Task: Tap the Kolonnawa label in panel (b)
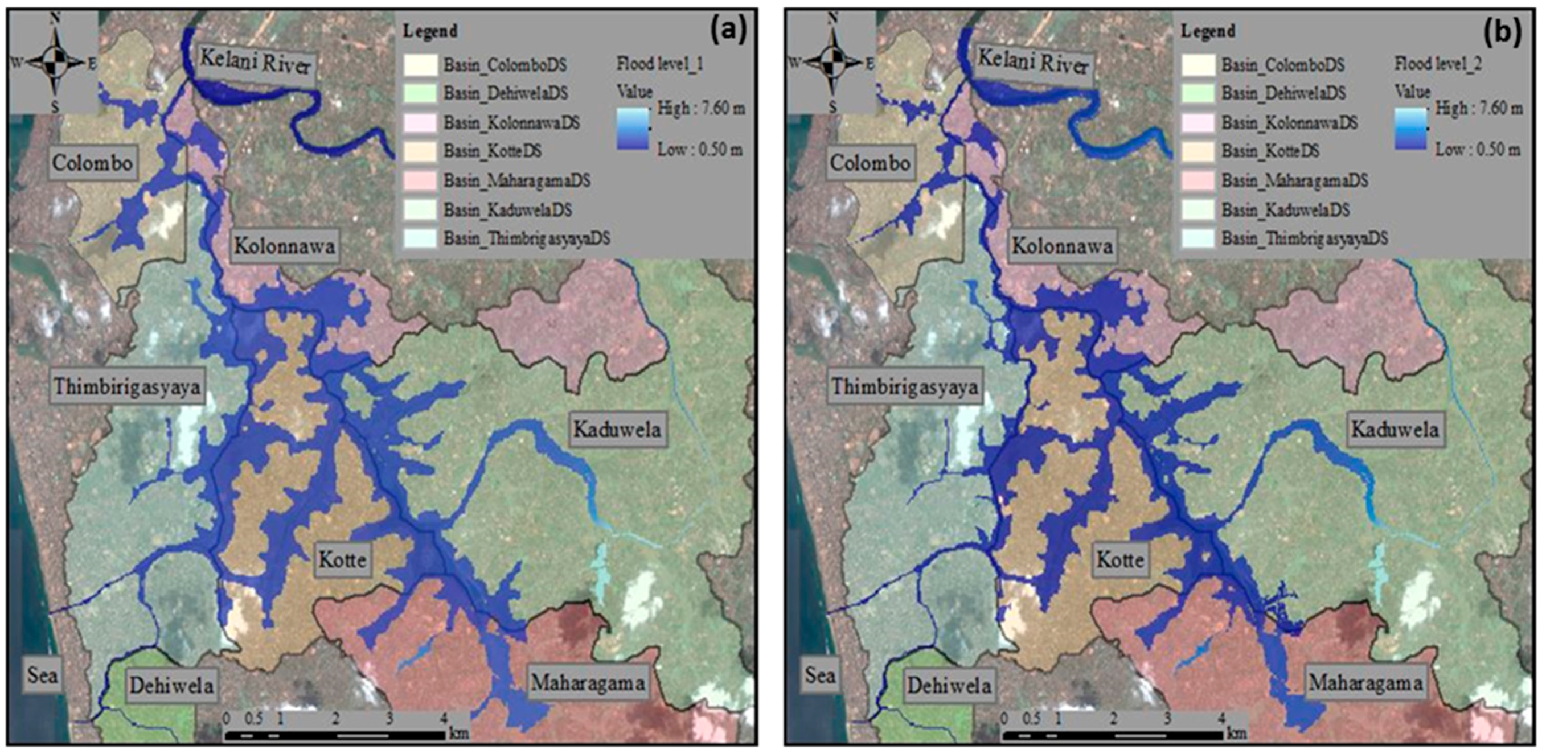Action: coord(1062,245)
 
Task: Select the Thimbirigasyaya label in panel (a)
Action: coord(128,386)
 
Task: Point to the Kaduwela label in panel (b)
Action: coord(1395,429)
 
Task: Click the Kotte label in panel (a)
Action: coord(342,559)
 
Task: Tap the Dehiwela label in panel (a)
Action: coord(171,685)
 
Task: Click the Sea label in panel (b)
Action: coord(819,675)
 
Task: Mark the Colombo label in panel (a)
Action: coord(92,162)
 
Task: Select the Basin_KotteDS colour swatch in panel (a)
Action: coord(420,151)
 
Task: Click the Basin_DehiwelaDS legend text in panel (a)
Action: coord(505,93)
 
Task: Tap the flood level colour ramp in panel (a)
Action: coord(633,129)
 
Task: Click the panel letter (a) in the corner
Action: coord(728,31)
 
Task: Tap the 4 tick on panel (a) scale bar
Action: coord(444,718)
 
